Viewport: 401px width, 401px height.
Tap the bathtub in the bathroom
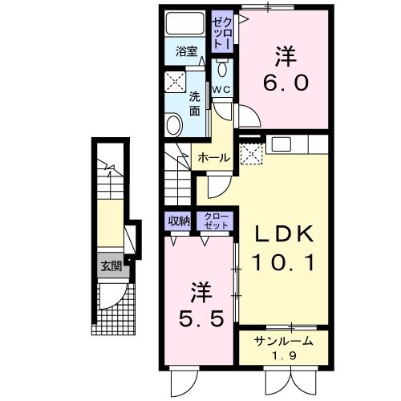[186, 24]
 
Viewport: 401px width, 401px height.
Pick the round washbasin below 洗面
[174, 124]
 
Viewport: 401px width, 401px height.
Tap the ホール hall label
[214, 158]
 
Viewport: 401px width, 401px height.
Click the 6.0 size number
[285, 83]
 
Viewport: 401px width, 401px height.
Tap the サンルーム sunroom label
[283, 342]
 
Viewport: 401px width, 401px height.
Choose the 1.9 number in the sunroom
[282, 356]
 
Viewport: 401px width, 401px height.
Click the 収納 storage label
[179, 220]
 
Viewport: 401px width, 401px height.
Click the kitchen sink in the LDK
[282, 144]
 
